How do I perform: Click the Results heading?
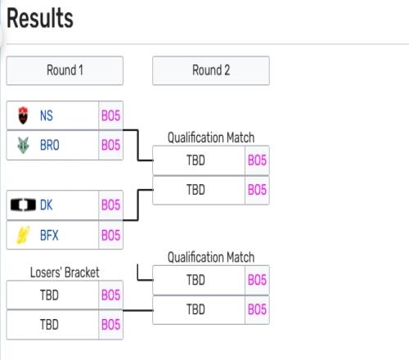click(x=40, y=18)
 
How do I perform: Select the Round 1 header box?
click(x=65, y=70)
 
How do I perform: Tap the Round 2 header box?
click(x=211, y=70)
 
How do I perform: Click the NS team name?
click(x=47, y=115)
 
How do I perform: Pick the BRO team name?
click(x=50, y=145)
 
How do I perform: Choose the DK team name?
click(x=46, y=205)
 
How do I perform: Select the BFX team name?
click(x=49, y=235)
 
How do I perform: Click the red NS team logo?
click(x=23, y=115)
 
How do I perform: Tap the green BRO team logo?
click(x=23, y=145)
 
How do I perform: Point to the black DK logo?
click(x=23, y=205)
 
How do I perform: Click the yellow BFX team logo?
click(x=23, y=235)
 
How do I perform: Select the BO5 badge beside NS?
click(x=110, y=115)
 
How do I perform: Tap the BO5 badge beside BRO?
click(x=110, y=145)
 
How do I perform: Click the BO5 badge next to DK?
click(x=110, y=205)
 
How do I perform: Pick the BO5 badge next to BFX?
click(x=110, y=235)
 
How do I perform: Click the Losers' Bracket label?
click(x=65, y=272)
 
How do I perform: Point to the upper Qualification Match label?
click(x=211, y=137)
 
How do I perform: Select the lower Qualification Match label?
click(x=211, y=257)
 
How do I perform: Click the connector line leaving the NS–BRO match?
click(x=137, y=146)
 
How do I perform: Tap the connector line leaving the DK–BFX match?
click(x=137, y=205)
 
